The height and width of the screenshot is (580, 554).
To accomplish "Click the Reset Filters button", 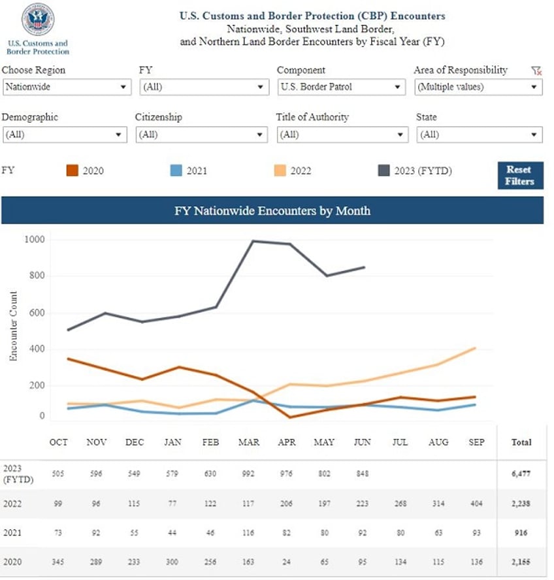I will [520, 175].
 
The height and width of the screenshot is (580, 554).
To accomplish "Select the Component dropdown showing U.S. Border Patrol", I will [341, 87].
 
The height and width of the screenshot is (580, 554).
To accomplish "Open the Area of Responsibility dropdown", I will [478, 87].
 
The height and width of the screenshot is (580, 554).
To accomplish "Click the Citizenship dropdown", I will [201, 135].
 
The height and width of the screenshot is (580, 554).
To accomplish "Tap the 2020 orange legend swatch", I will [72, 171].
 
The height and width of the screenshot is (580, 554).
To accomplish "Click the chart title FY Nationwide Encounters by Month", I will [272, 211].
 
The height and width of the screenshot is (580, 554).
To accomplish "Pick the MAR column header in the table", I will [249, 442].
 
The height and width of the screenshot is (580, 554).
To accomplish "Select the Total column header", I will [521, 442].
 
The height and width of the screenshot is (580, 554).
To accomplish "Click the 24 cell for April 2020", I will [287, 562].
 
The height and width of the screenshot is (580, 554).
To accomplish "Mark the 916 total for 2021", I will [521, 533].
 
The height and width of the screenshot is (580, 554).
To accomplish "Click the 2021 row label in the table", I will [12, 533].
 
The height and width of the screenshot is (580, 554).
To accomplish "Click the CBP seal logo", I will [37, 20].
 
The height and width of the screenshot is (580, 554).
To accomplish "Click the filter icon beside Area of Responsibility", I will [536, 71].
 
